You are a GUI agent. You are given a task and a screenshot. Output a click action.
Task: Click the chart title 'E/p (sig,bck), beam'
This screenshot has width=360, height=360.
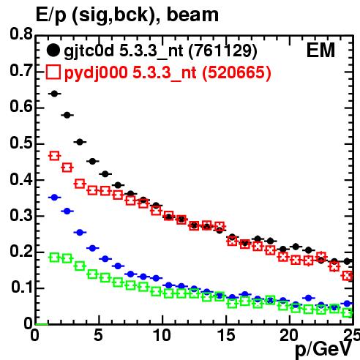[127, 15]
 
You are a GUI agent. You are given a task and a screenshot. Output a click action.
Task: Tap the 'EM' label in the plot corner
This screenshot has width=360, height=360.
[320, 50]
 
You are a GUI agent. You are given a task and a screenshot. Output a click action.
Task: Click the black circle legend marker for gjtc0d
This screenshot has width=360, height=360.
[53, 50]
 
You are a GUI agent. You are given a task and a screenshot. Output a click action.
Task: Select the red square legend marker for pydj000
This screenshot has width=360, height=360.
[53, 72]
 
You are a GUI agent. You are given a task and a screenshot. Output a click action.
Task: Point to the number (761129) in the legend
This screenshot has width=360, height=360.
[223, 50]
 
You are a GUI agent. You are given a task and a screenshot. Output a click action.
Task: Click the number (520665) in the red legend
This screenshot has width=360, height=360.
[236, 72]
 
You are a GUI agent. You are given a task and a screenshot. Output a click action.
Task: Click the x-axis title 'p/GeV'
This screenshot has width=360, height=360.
[323, 349]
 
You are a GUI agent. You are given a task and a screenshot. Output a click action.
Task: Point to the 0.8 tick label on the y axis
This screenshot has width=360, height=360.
[21, 34]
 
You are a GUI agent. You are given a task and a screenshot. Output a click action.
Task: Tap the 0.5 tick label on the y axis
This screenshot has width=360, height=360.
[21, 143]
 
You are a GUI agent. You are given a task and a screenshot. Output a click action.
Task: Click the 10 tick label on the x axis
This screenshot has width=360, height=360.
[162, 335]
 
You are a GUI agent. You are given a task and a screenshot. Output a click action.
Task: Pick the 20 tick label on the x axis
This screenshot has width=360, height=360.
[289, 335]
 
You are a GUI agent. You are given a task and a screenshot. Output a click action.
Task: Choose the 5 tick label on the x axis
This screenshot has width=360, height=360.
[98, 335]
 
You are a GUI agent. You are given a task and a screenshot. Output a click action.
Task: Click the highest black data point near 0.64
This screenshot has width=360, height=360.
[54, 94]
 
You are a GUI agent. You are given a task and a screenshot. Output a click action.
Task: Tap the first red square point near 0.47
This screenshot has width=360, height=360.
[54, 156]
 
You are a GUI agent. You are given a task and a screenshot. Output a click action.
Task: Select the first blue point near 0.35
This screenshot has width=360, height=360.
[54, 198]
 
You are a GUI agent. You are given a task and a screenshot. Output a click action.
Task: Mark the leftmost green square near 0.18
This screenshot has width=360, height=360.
[54, 258]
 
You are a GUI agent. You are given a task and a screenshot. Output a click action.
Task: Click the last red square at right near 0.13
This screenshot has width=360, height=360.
[348, 276]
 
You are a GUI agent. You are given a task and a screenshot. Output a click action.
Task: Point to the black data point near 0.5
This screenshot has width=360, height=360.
[80, 142]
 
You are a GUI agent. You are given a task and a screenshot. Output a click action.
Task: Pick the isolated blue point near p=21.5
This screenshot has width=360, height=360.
[309, 298]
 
